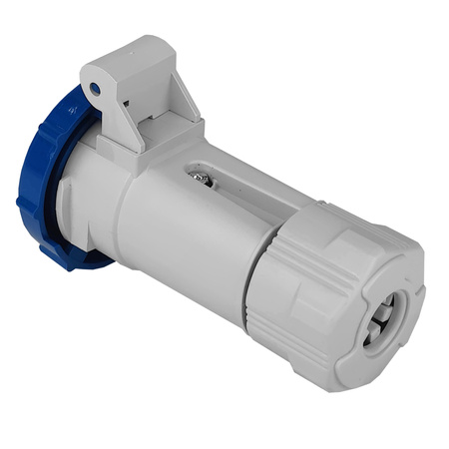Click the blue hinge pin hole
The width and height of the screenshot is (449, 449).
(95, 89)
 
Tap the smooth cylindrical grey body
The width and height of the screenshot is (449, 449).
(190, 239)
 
